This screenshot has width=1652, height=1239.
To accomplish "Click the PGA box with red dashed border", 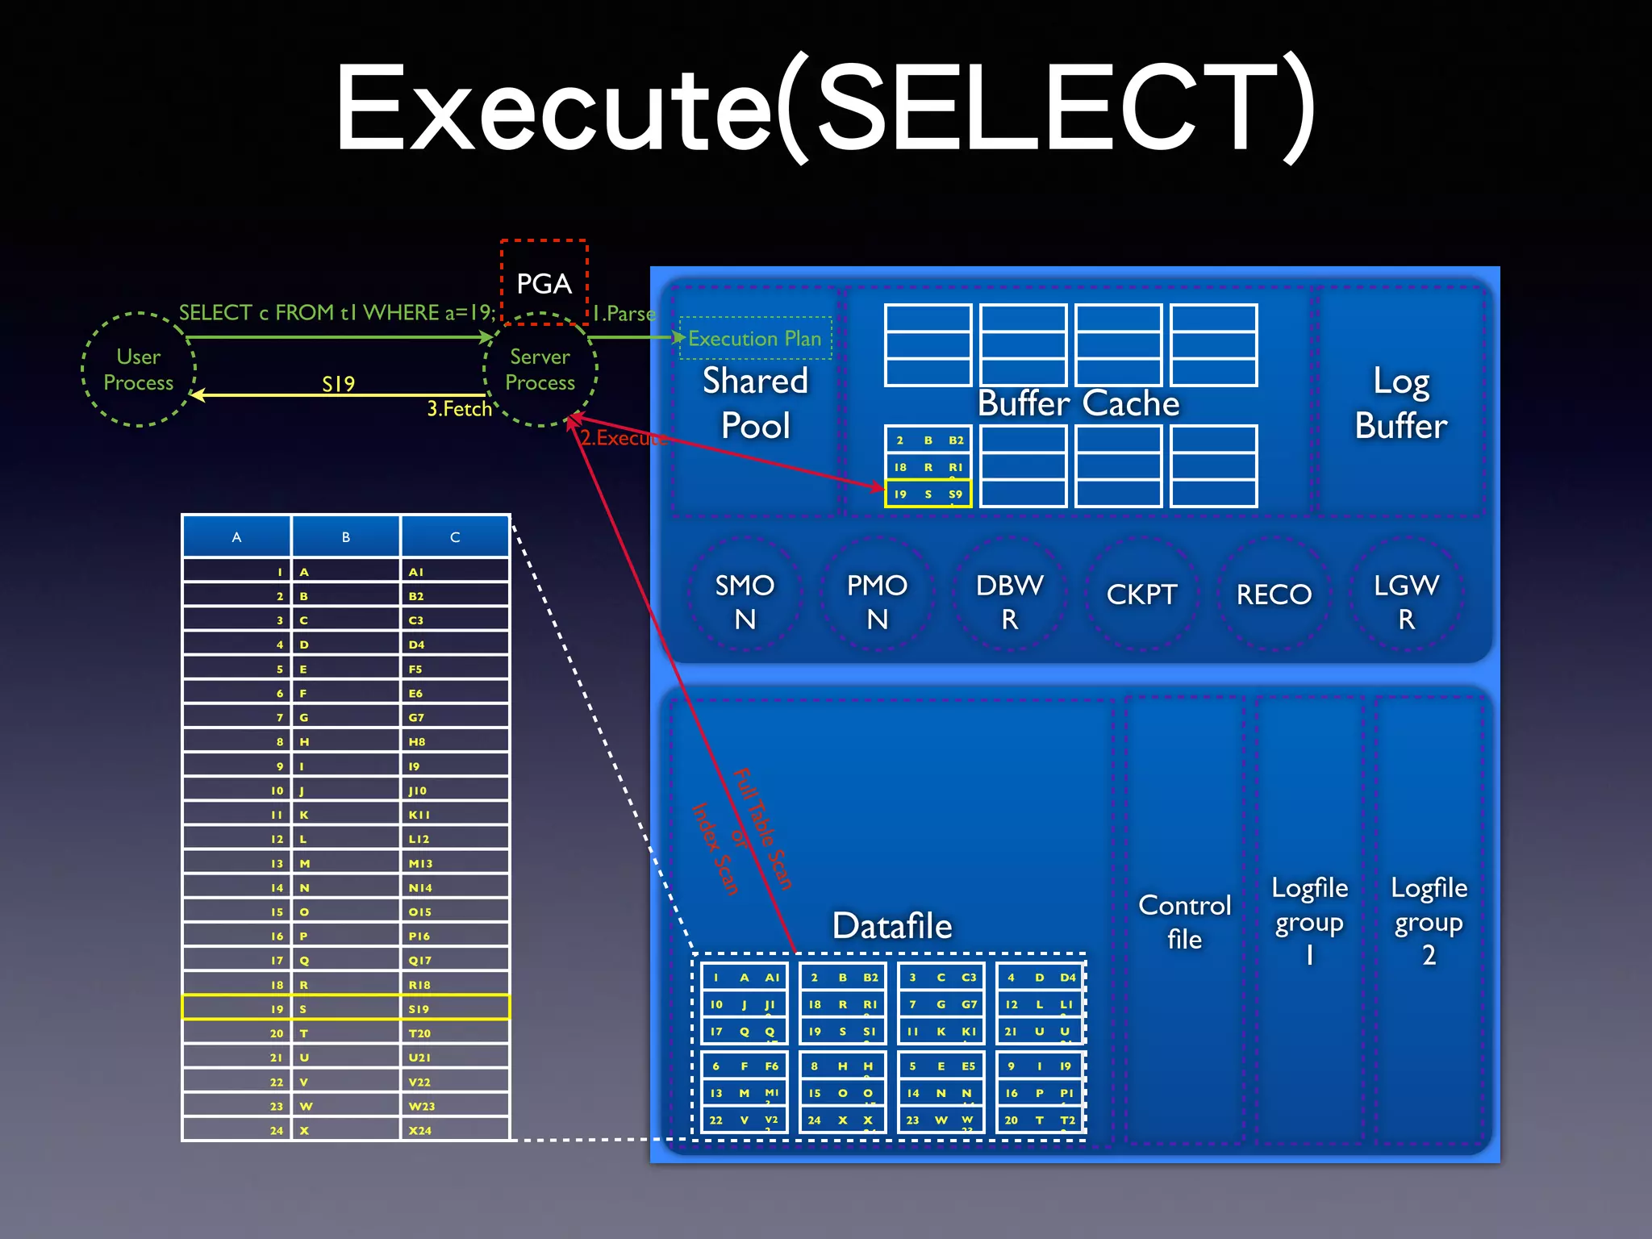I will point(544,282).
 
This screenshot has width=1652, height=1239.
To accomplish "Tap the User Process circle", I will point(139,369).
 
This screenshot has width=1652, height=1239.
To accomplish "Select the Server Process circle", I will point(540,369).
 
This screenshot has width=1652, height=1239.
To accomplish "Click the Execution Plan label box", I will point(755,338).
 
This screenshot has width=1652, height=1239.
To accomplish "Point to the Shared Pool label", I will point(755,403).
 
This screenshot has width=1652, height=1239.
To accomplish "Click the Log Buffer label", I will point(1401,403).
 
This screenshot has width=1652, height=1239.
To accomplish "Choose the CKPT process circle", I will point(1141,594).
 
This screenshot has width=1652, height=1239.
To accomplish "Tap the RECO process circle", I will point(1274,594).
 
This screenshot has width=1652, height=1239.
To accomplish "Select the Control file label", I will point(1184,921).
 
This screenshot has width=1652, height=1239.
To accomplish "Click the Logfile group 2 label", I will point(1429,920).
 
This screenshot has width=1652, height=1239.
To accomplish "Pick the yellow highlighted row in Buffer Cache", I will point(928,494).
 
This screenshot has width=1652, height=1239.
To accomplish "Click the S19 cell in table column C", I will point(455,1008).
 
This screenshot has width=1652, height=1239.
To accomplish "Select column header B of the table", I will point(346,536).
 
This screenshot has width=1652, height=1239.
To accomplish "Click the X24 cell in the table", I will point(455,1130).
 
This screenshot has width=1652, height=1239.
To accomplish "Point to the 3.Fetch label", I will point(459,409).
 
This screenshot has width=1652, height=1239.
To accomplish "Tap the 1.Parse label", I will point(624,314).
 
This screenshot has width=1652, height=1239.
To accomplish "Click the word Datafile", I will point(892,925).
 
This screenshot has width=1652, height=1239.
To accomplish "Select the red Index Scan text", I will point(715,849).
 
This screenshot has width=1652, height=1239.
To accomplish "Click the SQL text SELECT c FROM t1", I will point(336,312).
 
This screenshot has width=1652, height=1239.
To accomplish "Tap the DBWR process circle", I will point(1009,602).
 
